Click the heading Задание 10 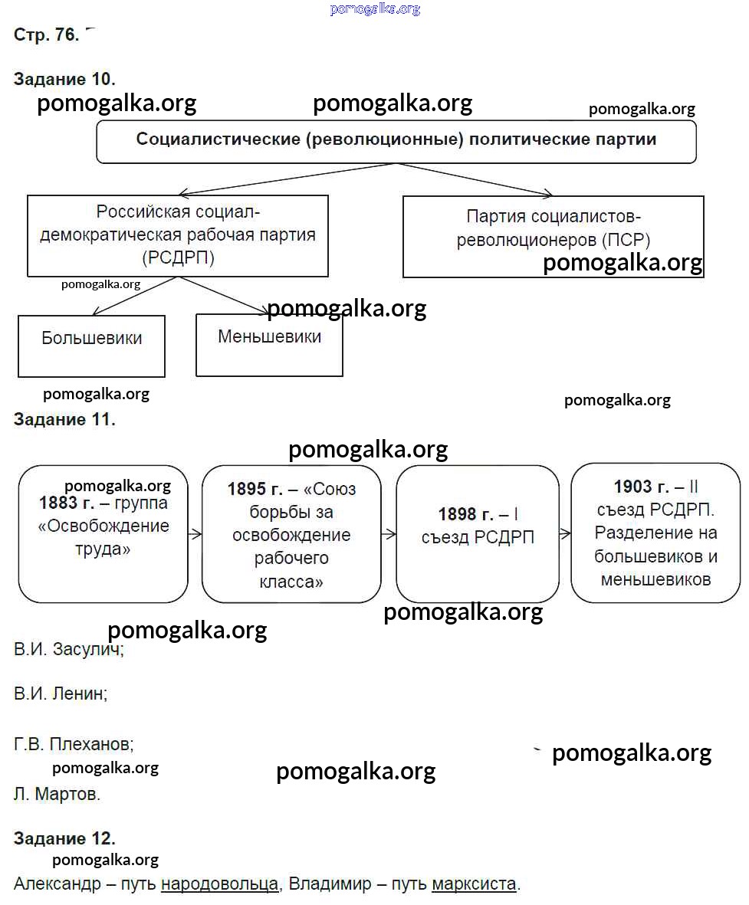[x=64, y=79]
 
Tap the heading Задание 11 [x=64, y=419]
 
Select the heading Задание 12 [x=64, y=838]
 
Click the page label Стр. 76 [x=46, y=35]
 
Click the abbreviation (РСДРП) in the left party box [x=178, y=257]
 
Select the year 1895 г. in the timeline [x=255, y=490]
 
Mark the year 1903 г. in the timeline [x=641, y=487]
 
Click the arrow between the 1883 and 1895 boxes [x=195, y=534]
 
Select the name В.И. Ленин [x=61, y=694]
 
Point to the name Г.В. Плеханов [x=74, y=743]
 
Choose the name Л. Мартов [x=57, y=794]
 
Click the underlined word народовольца [x=219, y=884]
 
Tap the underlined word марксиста [x=474, y=884]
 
